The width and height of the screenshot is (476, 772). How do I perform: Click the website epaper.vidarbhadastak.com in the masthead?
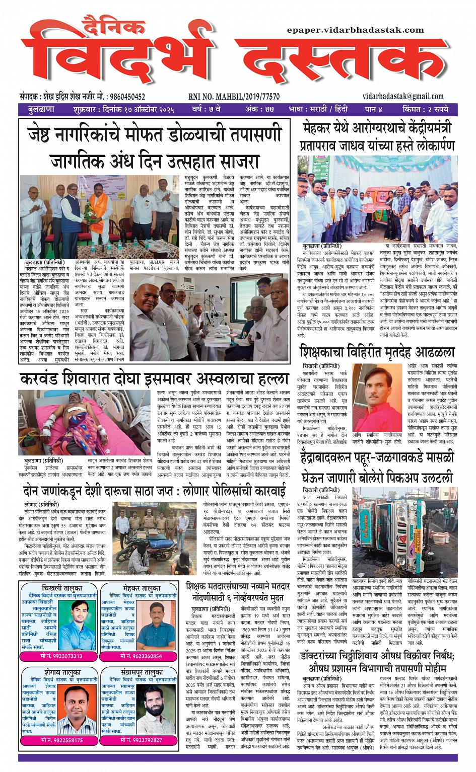click(355, 30)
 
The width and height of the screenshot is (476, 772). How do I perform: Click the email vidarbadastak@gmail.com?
click(402, 96)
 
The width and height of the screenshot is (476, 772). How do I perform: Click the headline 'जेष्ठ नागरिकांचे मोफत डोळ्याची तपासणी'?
click(155, 135)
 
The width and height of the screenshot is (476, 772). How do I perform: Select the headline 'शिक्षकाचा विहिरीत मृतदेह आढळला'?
click(377, 351)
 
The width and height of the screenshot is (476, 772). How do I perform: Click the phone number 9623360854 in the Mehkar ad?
click(141, 656)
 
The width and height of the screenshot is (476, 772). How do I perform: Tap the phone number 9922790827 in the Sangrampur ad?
click(141, 740)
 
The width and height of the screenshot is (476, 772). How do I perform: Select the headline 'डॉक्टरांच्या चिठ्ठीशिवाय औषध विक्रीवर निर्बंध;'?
click(377, 656)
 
